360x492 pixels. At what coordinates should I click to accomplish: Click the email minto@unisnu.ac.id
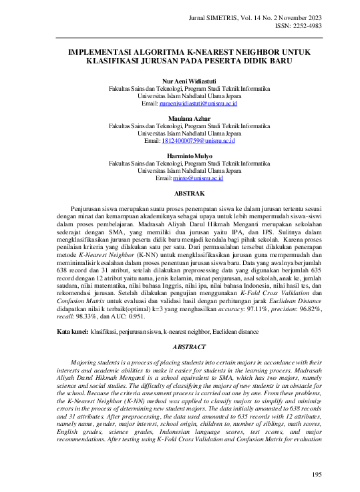[198, 178]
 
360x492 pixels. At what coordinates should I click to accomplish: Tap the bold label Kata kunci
[73, 331]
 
